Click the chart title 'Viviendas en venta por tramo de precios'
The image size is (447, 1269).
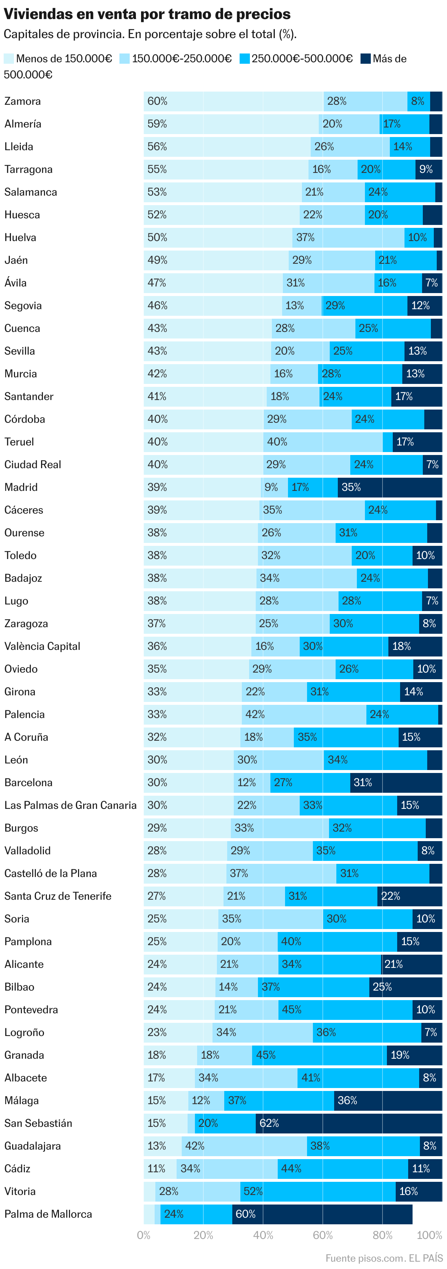147,14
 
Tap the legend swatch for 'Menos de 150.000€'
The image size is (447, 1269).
8,59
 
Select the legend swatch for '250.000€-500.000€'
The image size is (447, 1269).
244,59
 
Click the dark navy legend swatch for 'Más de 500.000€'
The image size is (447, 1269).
365,59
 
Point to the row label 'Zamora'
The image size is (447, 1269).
23,101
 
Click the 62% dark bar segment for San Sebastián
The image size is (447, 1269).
348,1123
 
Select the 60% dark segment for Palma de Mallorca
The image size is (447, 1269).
322,1214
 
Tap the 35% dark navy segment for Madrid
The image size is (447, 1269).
389,487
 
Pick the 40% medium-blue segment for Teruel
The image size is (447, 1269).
323,442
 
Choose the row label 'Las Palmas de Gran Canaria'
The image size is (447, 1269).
70,805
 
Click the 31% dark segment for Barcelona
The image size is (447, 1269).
396,782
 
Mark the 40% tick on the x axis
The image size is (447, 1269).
263,1235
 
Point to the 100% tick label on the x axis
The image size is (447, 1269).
429,1235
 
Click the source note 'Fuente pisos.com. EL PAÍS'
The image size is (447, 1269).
384,1258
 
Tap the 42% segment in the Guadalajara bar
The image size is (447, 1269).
244,1146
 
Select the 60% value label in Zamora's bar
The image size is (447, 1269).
157,101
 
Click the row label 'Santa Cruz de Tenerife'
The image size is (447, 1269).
58,896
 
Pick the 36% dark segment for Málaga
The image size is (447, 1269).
388,1100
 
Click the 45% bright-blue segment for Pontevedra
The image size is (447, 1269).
345,1009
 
